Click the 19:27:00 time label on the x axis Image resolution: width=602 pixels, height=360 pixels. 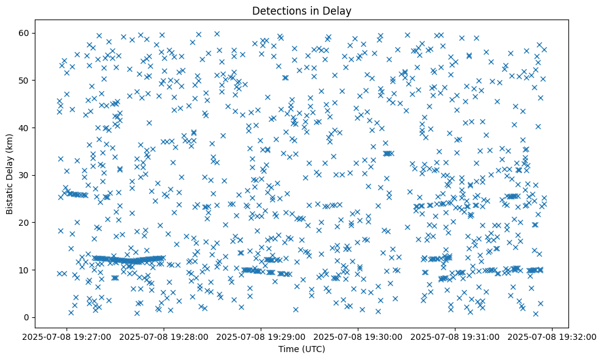67,336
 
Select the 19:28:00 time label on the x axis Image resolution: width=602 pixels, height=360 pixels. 164,336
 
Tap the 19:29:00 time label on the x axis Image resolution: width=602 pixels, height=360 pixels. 261,336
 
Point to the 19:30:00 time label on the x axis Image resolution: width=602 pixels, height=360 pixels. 358,336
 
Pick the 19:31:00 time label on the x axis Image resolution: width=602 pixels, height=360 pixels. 454,336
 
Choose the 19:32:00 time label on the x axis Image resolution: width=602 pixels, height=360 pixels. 551,336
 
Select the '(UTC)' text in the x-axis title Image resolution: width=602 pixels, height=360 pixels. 314,349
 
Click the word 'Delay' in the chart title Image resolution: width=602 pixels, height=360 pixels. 339,10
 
